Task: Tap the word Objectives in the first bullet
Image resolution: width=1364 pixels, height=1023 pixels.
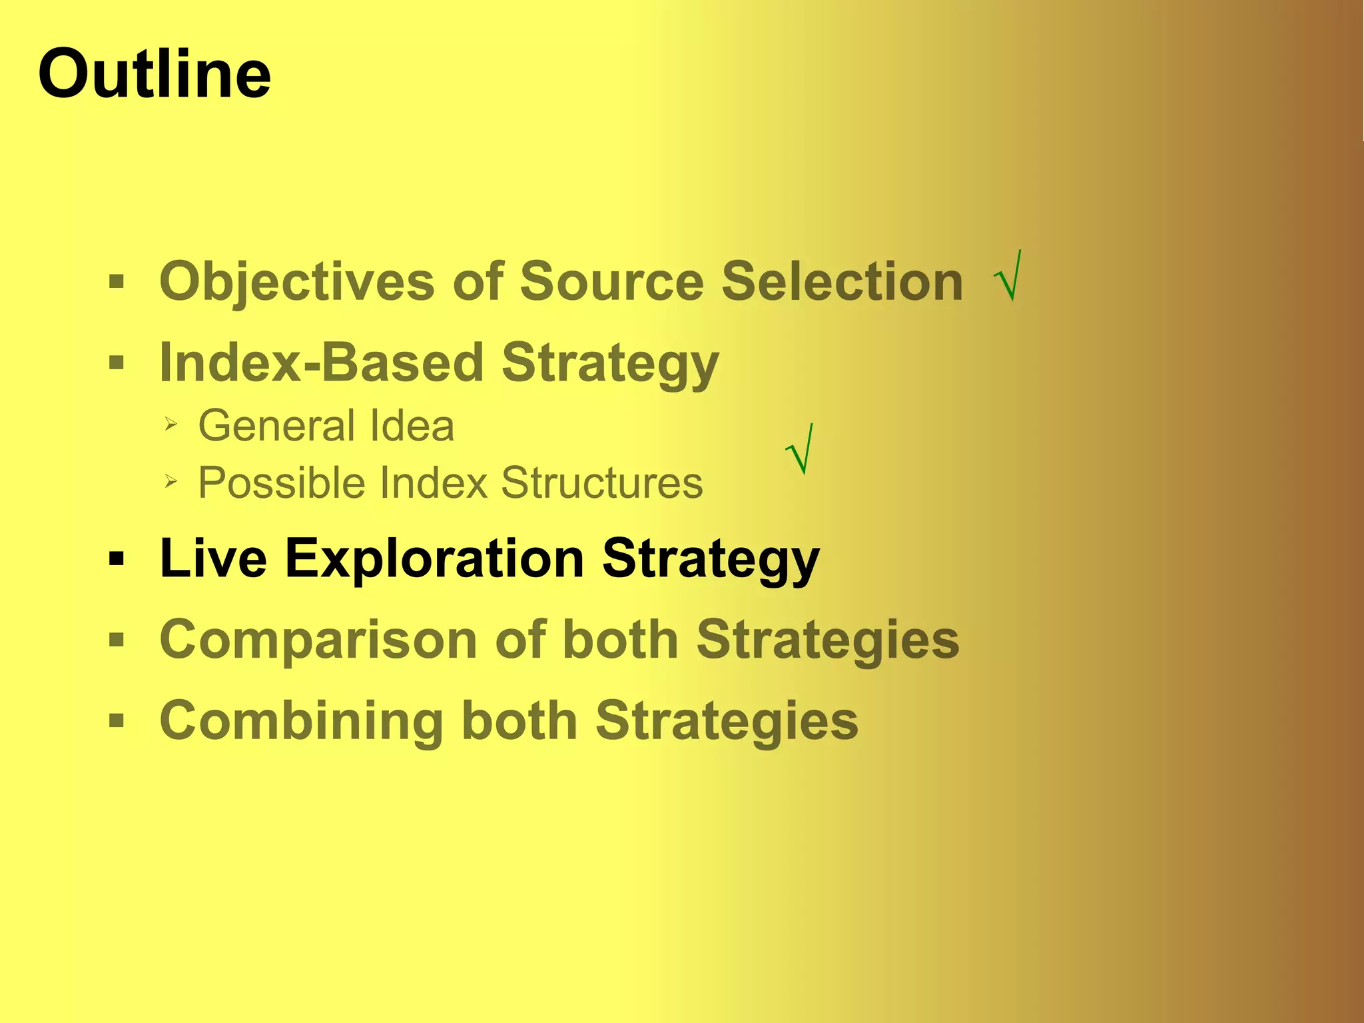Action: click(x=297, y=281)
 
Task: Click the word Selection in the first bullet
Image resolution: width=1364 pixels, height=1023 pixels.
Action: click(x=842, y=281)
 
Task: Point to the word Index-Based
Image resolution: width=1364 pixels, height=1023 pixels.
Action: click(x=321, y=363)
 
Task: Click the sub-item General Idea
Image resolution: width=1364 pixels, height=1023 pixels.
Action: click(x=326, y=426)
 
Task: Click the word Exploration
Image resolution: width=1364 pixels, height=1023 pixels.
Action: click(x=434, y=558)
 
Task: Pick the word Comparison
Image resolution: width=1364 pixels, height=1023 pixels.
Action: click(x=318, y=640)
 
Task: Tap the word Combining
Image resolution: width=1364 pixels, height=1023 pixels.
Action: click(x=301, y=721)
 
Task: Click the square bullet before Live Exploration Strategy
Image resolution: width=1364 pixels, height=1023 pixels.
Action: click(x=117, y=558)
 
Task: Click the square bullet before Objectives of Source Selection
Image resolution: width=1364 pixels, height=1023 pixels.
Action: click(x=117, y=282)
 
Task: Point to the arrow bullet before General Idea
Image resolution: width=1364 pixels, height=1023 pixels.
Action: click(x=171, y=424)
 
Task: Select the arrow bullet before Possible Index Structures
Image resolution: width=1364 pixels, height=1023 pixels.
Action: click(x=171, y=481)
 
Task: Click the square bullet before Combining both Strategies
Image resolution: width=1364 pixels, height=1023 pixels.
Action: click(x=117, y=720)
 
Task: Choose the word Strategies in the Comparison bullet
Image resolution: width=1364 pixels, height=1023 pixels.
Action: click(x=827, y=640)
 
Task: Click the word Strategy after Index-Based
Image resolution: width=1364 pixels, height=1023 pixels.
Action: click(x=609, y=363)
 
